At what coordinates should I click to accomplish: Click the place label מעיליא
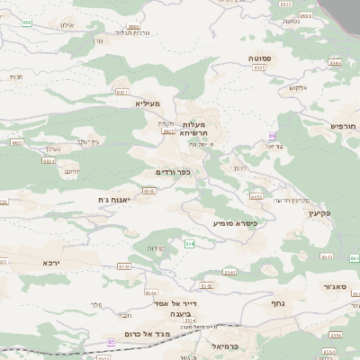pyautogui.click(x=147, y=103)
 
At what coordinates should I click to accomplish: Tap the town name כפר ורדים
pyautogui.click(x=173, y=171)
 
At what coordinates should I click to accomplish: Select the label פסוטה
pyautogui.click(x=261, y=57)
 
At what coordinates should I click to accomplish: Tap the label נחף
pyautogui.click(x=278, y=303)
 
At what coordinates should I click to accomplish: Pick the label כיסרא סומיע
pyautogui.click(x=236, y=222)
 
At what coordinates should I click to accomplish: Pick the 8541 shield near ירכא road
pyautogui.click(x=123, y=267)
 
